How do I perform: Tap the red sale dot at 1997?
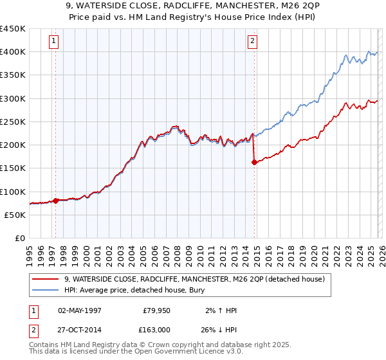[x=55, y=201]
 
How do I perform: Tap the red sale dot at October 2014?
[x=254, y=163]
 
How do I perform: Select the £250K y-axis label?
[x=13, y=122]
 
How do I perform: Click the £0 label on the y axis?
[x=19, y=239]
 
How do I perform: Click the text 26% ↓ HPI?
[x=219, y=330]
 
